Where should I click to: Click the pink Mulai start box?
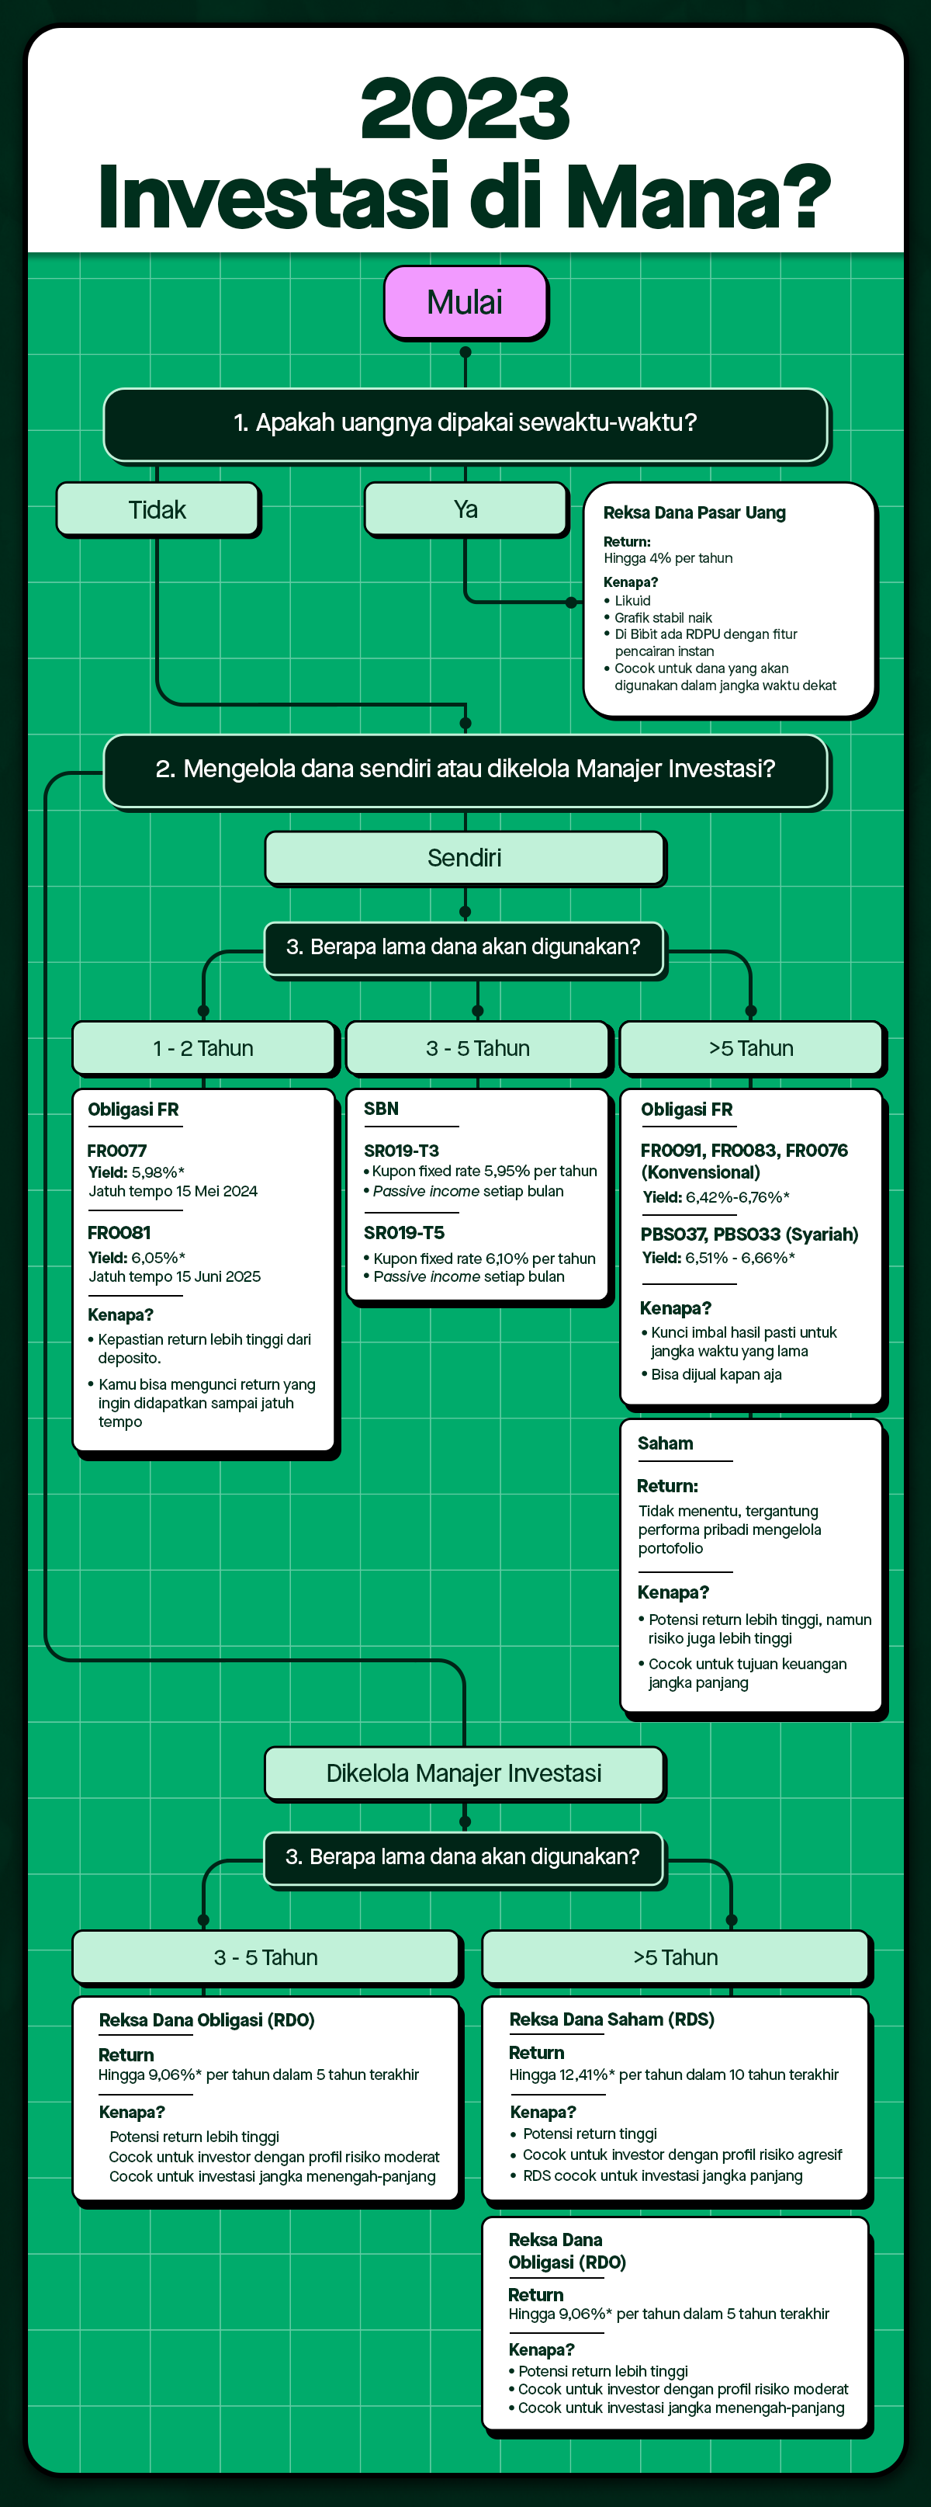click(x=465, y=303)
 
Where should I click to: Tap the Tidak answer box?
click(x=157, y=509)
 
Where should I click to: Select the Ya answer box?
click(x=465, y=509)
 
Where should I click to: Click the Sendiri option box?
click(x=464, y=857)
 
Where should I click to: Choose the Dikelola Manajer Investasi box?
click(x=464, y=1773)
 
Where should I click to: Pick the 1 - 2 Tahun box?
click(x=203, y=1048)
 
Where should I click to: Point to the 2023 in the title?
click(x=465, y=109)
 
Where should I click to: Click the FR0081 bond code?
click(x=119, y=1232)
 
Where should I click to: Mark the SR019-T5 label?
click(x=403, y=1232)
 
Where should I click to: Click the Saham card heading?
click(x=666, y=1443)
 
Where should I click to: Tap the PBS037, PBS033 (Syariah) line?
click(x=749, y=1234)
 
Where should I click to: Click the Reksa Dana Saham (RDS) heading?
click(x=611, y=2019)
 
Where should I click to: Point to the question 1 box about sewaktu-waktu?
click(x=465, y=423)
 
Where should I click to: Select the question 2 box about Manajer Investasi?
click(x=465, y=769)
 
